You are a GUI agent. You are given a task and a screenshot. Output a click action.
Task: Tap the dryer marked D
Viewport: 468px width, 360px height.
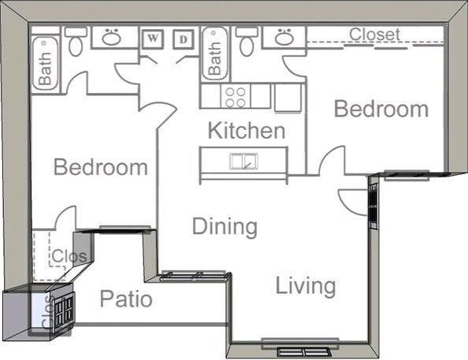coord(184,39)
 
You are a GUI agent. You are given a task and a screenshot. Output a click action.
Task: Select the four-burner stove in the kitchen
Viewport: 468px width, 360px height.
coord(235,96)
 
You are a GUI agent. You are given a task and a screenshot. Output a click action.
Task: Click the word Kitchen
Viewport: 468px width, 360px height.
coord(246,130)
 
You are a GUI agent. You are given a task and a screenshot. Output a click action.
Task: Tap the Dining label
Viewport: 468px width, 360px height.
coord(225,227)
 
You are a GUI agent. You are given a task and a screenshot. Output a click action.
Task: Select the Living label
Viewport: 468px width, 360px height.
coord(306,286)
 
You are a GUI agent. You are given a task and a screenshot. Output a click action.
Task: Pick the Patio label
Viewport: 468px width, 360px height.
coord(126,299)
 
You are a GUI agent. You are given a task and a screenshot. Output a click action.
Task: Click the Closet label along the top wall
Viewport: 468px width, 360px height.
coord(374,35)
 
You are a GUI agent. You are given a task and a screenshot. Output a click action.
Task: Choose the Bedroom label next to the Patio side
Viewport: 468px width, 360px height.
coord(100,167)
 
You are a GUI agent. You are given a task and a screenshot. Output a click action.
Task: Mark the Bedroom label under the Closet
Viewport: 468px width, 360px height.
coord(381,109)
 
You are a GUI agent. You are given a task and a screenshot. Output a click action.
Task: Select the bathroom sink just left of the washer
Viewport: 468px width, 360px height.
coord(111,37)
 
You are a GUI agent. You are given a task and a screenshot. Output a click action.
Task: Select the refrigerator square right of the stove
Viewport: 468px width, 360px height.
coord(287,97)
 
